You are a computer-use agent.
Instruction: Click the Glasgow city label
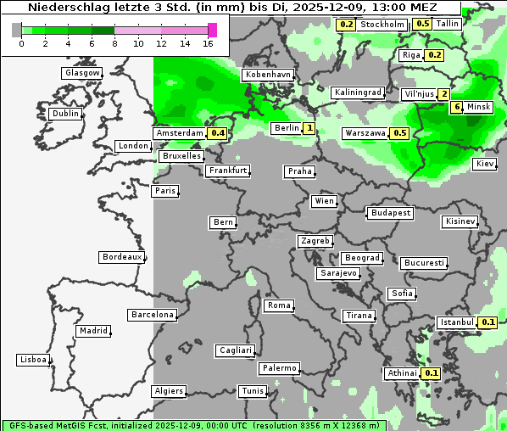(81, 73)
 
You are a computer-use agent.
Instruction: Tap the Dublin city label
(64, 114)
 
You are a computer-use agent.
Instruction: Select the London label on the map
(133, 146)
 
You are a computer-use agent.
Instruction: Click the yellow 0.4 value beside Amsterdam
(218, 133)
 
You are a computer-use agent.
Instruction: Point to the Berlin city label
(287, 128)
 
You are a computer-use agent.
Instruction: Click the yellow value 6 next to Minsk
(456, 107)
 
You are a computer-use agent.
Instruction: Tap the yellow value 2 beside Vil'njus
(443, 93)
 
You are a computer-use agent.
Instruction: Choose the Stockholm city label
(381, 25)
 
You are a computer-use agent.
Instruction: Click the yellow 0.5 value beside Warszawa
(400, 133)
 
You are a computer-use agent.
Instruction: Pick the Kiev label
(485, 163)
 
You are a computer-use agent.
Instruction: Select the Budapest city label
(389, 212)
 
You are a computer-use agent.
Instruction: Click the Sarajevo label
(338, 273)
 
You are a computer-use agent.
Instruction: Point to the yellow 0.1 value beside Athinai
(431, 373)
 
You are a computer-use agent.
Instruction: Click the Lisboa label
(33, 360)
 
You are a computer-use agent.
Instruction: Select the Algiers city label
(168, 391)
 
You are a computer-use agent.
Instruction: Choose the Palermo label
(279, 368)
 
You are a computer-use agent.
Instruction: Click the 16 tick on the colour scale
(208, 42)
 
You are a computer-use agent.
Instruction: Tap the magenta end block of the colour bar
(212, 30)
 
